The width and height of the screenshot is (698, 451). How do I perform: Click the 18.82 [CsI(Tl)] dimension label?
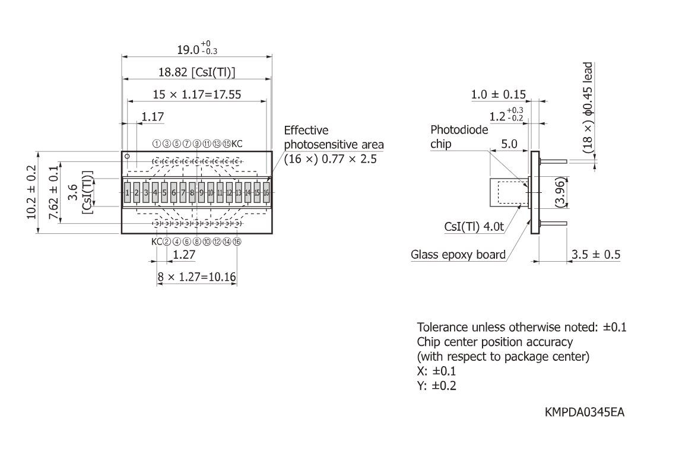(197, 72)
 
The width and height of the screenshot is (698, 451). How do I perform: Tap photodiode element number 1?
(127, 192)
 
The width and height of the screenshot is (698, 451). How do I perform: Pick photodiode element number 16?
(266, 192)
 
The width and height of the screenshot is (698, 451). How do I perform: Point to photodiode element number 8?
(192, 192)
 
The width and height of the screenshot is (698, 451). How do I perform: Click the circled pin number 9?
(196, 144)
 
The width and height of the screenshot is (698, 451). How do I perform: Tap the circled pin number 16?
(237, 242)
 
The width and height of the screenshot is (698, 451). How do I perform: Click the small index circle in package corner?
(127, 157)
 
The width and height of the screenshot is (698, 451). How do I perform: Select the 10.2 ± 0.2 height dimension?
(33, 192)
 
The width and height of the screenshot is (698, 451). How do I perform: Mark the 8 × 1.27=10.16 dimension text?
(197, 277)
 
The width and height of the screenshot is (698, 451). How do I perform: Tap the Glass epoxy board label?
(458, 256)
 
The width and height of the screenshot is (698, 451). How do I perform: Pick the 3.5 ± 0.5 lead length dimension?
(596, 255)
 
